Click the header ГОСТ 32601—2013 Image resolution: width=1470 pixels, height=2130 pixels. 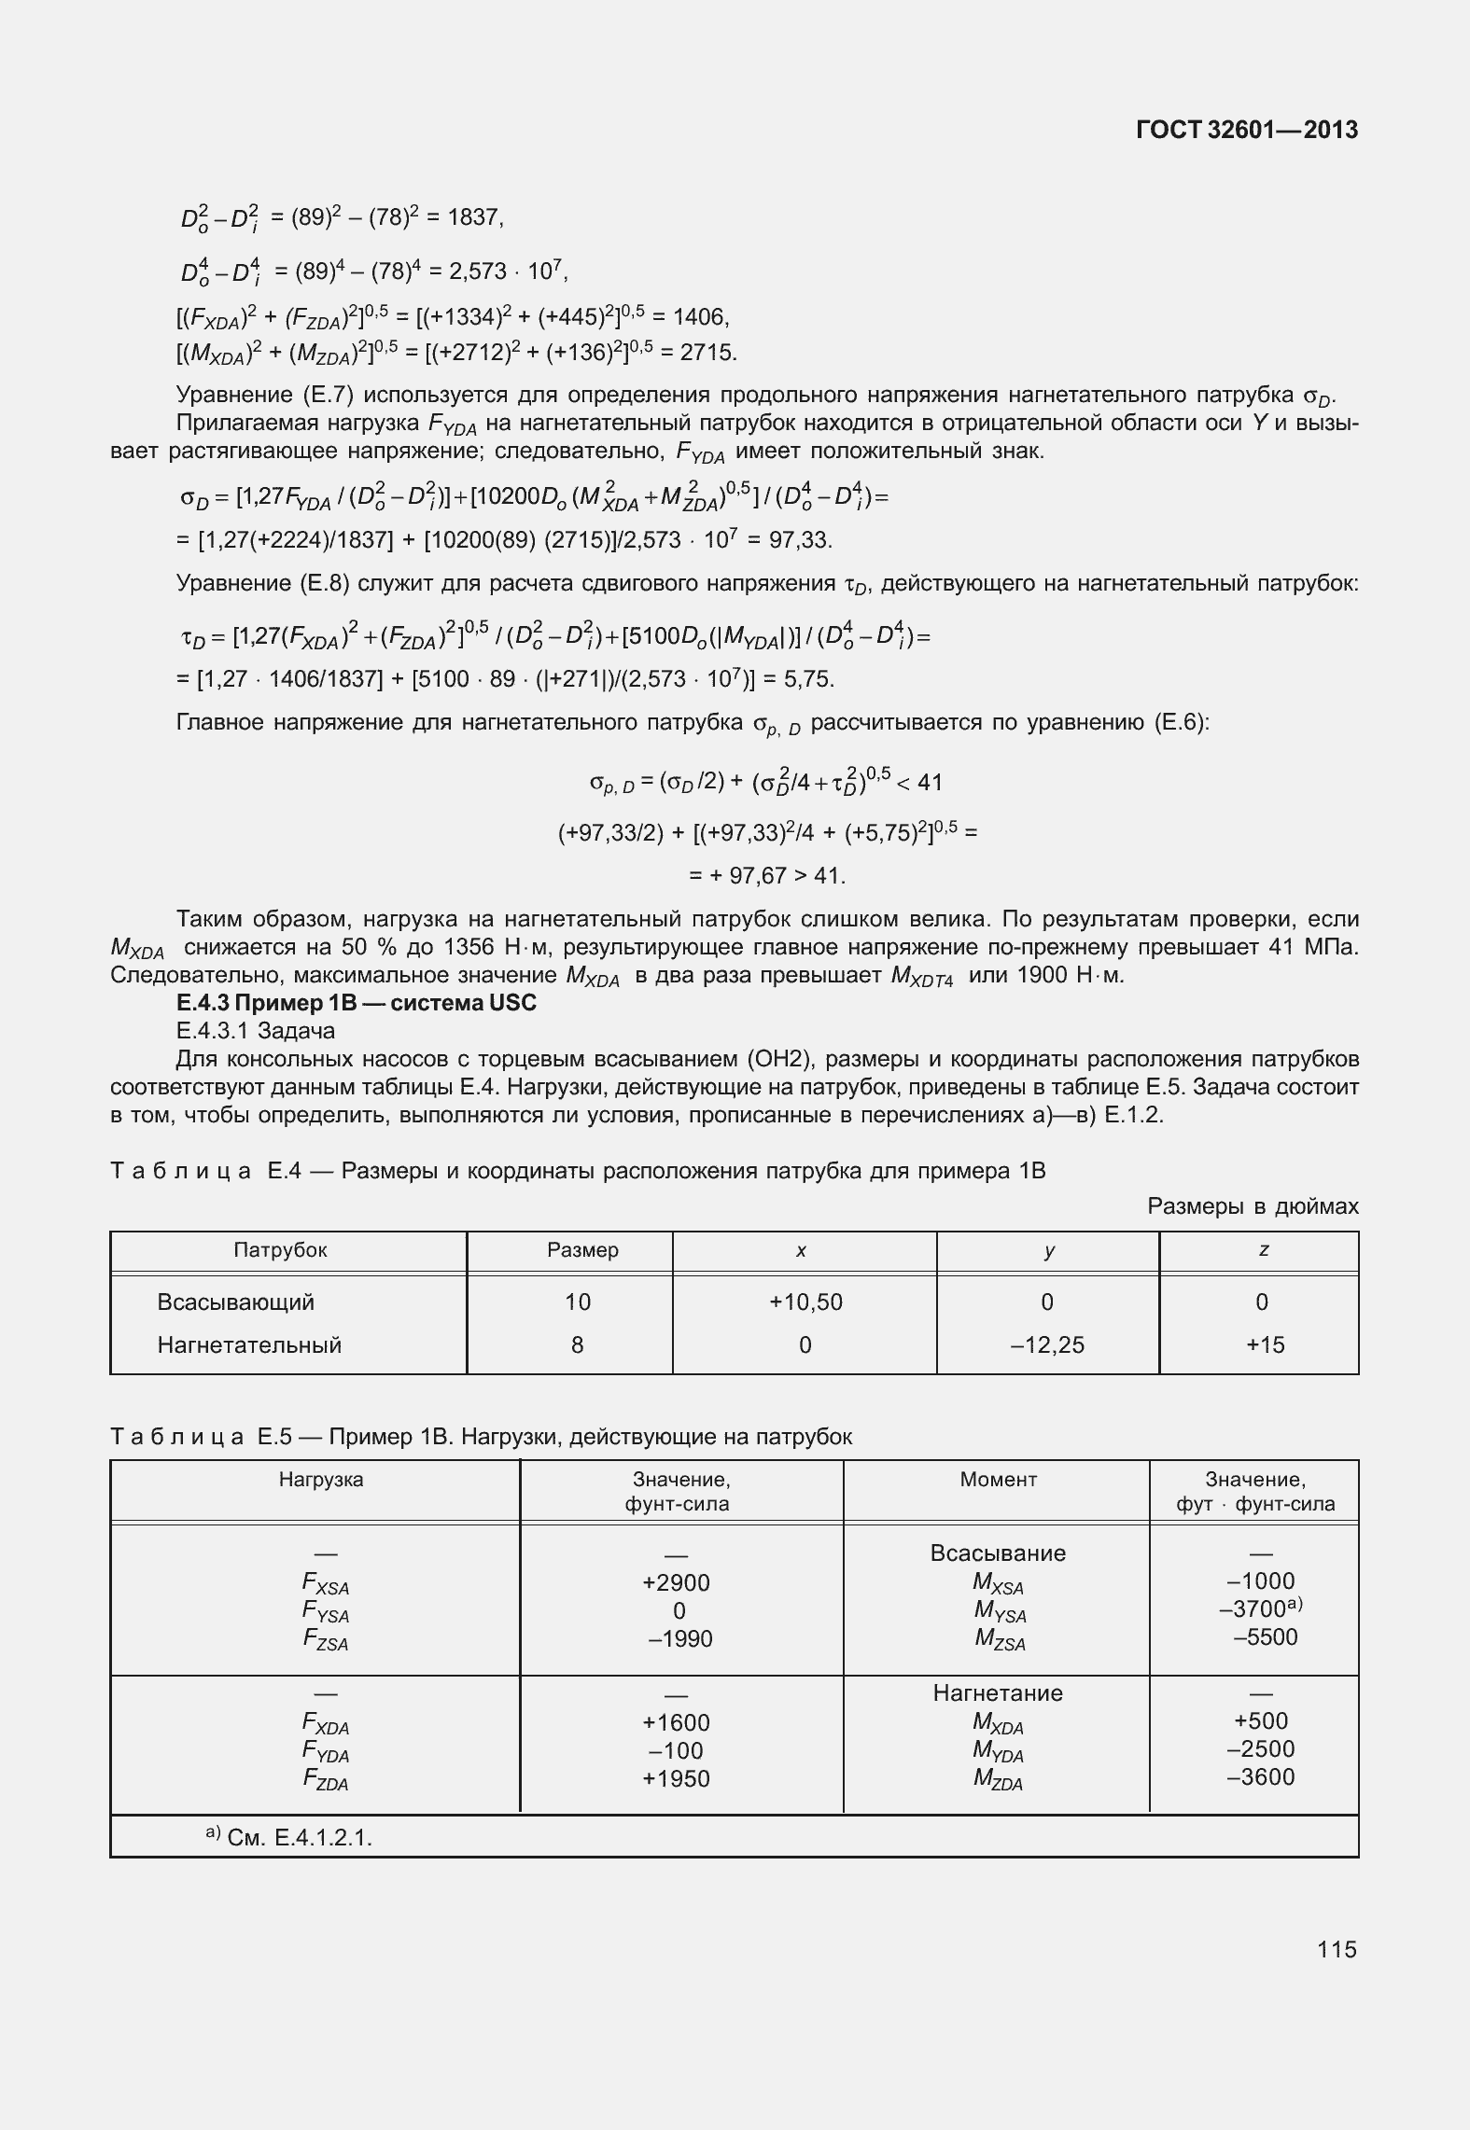1246,131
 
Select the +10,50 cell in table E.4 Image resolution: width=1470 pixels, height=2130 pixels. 805,1302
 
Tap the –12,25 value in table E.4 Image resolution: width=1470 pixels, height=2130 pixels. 1047,1344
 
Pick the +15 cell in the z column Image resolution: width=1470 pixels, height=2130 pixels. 1265,1344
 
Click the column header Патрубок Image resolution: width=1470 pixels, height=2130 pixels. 280,1249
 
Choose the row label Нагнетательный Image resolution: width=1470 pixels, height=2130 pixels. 249,1344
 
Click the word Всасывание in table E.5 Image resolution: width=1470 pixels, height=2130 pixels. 998,1552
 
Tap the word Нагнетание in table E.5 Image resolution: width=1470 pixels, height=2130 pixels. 998,1692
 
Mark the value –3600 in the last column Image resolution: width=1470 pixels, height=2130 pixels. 1261,1776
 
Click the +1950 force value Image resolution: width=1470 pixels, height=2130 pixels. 677,1778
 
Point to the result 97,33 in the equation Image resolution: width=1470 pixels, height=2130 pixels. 804,540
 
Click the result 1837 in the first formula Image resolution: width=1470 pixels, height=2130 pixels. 474,217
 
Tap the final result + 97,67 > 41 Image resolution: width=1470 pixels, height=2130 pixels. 767,875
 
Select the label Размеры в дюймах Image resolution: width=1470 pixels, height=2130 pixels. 1253,1206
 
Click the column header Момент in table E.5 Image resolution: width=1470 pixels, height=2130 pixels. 998,1479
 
